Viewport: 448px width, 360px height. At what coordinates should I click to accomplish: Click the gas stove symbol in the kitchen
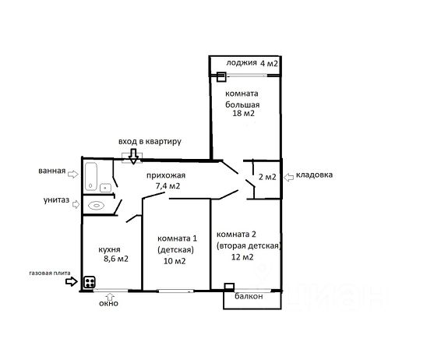(90, 282)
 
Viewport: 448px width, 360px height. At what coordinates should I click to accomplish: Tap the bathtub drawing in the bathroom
(91, 177)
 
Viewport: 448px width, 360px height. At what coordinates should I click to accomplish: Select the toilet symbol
(96, 206)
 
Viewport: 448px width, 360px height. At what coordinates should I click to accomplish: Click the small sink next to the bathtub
(106, 188)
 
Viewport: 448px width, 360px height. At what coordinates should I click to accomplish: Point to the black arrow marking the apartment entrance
(133, 157)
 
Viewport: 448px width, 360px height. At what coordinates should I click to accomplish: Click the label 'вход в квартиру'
(150, 142)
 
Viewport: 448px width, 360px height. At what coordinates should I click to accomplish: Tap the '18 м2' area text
(243, 114)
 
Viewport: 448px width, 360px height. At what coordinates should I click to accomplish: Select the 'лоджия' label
(242, 63)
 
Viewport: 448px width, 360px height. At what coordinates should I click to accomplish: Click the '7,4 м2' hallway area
(168, 186)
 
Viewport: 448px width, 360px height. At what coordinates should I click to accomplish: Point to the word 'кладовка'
(314, 175)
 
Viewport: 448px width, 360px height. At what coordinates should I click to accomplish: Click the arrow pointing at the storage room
(289, 178)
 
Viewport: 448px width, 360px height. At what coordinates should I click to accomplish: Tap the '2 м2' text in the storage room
(267, 177)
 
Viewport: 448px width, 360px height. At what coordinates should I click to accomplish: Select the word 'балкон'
(249, 296)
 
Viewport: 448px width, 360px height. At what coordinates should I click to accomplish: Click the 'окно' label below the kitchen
(108, 303)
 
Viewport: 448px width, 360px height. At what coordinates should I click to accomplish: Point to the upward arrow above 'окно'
(111, 296)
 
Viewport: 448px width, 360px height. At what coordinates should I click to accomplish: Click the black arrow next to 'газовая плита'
(72, 281)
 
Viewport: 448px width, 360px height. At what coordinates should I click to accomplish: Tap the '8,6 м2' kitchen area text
(116, 259)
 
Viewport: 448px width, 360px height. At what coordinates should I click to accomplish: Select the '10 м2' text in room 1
(175, 261)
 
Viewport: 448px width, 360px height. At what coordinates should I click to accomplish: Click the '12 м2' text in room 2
(242, 257)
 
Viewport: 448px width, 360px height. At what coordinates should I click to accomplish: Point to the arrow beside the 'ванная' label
(73, 174)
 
